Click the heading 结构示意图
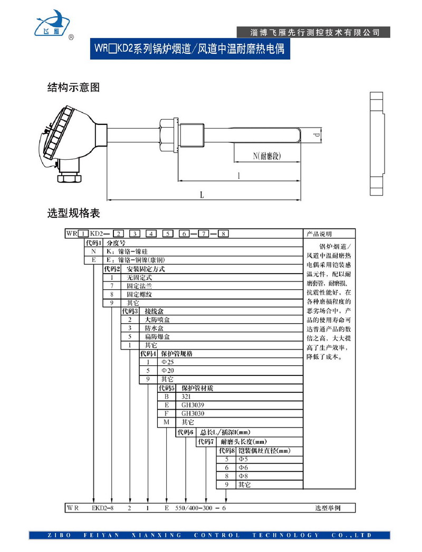(73, 88)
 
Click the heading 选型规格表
(73, 214)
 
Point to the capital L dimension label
(203, 195)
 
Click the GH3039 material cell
(193, 405)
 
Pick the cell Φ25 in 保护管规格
(167, 362)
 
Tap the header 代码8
(226, 451)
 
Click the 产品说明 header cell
(320, 234)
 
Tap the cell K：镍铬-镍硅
(129, 251)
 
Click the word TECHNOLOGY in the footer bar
(285, 535)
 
